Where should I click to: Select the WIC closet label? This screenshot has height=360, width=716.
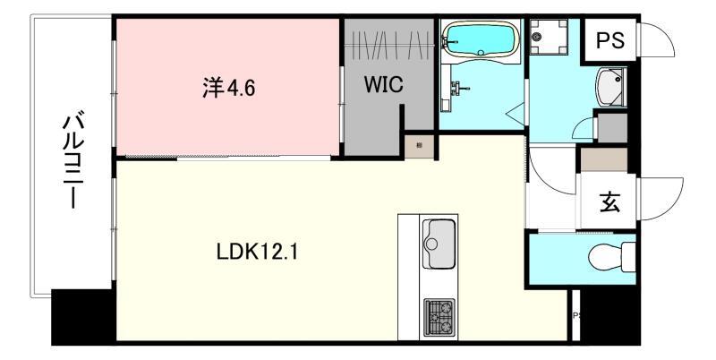pyautogui.click(x=383, y=87)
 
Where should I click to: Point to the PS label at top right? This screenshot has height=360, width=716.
pyautogui.click(x=611, y=40)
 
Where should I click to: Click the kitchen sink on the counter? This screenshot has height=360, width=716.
pyautogui.click(x=439, y=239)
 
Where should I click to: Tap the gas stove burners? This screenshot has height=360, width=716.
pyautogui.click(x=439, y=314)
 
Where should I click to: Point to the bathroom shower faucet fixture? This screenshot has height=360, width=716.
pyautogui.click(x=457, y=90)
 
